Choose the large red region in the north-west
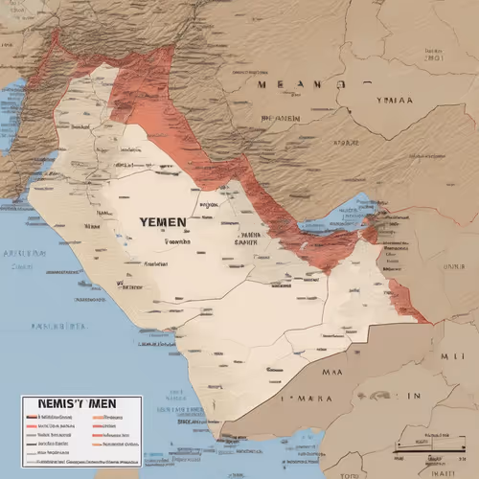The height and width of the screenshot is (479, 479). (144, 91)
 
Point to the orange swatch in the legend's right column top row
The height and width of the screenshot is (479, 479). (97, 419)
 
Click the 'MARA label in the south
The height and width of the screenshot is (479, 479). (311, 395)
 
